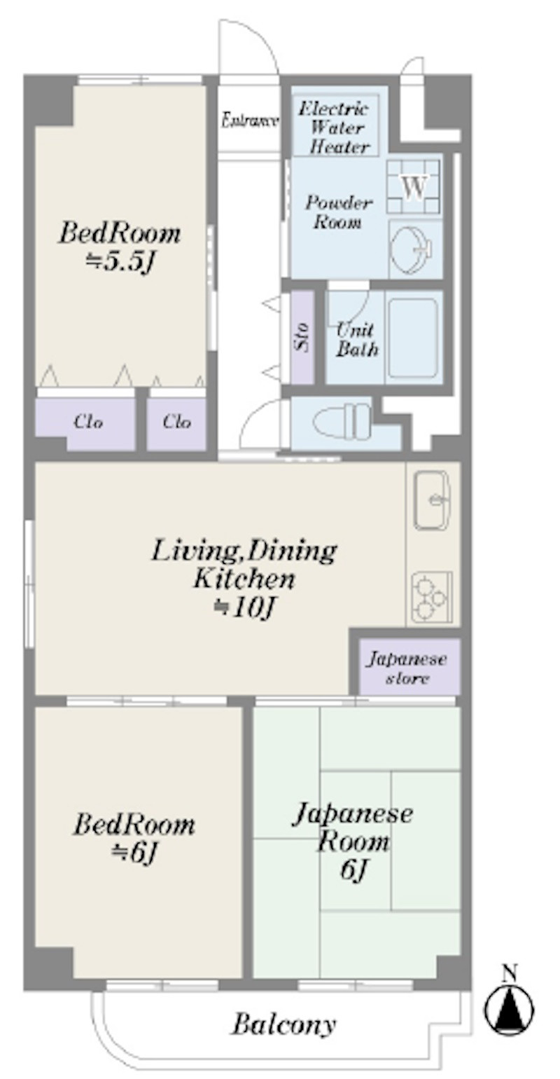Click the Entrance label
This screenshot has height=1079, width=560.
coord(250,121)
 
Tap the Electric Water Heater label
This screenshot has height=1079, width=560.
coord(336,128)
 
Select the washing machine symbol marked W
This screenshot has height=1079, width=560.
coord(414,187)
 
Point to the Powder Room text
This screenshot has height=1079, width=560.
coord(339,212)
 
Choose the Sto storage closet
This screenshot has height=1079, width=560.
coord(302,337)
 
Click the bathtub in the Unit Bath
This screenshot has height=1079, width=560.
coord(413,337)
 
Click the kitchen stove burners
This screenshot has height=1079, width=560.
coord(431,596)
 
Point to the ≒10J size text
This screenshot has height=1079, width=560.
coord(244,608)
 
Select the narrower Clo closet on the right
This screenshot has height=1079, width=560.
coord(176,424)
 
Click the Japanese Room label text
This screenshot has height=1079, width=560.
coord(353,827)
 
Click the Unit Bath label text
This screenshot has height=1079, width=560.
coord(356,340)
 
